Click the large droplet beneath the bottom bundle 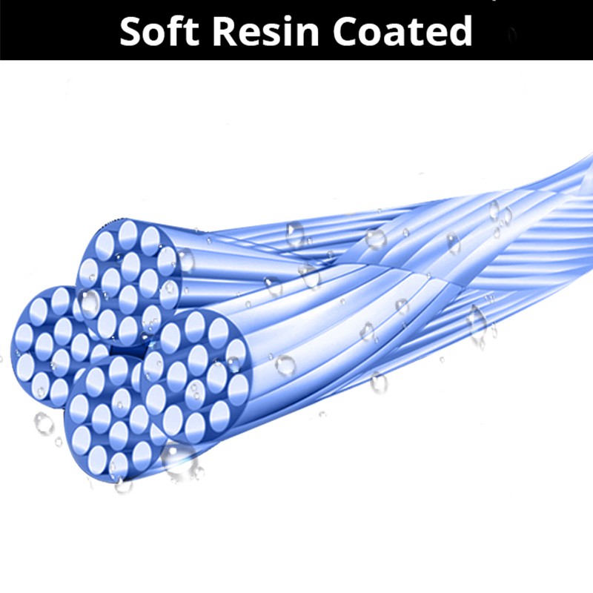179,460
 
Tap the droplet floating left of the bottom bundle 44,423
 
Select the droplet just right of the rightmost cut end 285,364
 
